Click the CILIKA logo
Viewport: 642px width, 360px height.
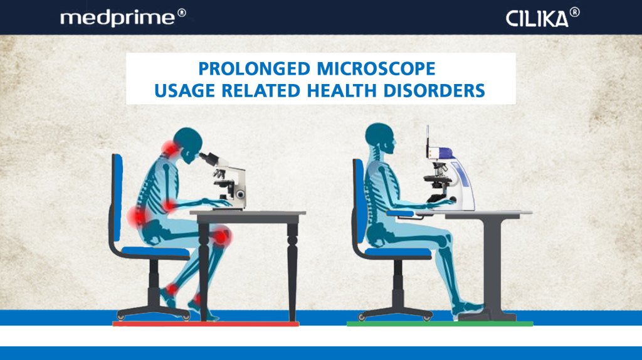coord(537,18)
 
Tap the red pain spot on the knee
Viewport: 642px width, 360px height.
coord(221,236)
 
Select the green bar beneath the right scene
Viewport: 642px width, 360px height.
coord(439,324)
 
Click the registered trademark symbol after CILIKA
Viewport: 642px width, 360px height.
coord(575,13)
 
